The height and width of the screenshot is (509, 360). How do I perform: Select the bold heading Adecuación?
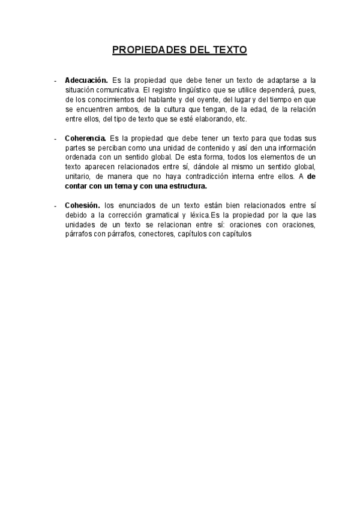click(x=86, y=80)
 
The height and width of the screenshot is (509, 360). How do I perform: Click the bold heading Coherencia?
click(x=86, y=138)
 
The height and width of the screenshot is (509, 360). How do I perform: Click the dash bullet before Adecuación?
click(x=55, y=80)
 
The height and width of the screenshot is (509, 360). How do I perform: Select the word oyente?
click(x=208, y=99)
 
